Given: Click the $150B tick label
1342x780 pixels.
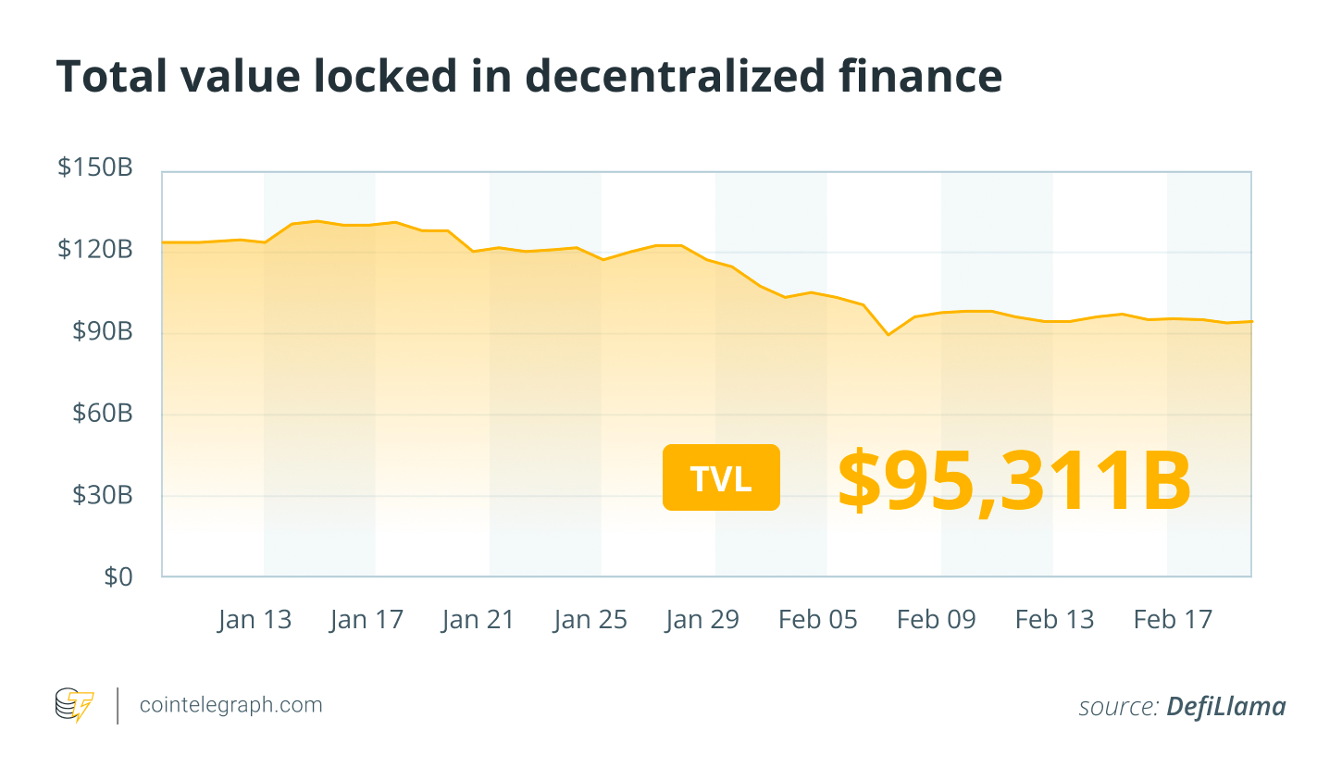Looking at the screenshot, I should (95, 167).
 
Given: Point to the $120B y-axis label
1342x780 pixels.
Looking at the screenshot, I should (95, 249).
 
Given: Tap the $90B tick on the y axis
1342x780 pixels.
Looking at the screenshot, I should (103, 331).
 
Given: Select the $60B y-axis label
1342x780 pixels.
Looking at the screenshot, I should (103, 413).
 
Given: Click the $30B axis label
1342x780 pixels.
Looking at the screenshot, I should (103, 495).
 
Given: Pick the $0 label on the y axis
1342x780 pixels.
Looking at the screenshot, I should (118, 577).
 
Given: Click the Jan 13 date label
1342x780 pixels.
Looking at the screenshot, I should (255, 620).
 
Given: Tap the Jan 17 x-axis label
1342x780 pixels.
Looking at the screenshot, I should (367, 620).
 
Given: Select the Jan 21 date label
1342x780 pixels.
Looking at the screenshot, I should (478, 620).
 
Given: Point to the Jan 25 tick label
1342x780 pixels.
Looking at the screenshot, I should (590, 620).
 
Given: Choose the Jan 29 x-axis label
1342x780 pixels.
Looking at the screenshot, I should (702, 620).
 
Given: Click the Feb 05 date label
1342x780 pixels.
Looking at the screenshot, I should (818, 620).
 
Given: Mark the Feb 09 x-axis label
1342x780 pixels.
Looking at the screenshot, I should (937, 620).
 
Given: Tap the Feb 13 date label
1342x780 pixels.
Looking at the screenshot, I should (1055, 620).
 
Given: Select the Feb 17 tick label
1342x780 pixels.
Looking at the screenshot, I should (1174, 620).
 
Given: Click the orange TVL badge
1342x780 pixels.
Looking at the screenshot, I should (721, 477).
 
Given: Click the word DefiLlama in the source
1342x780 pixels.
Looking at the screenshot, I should (1226, 707).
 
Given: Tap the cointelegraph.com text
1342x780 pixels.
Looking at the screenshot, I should (231, 705).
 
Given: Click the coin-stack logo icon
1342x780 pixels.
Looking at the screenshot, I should (74, 705).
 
